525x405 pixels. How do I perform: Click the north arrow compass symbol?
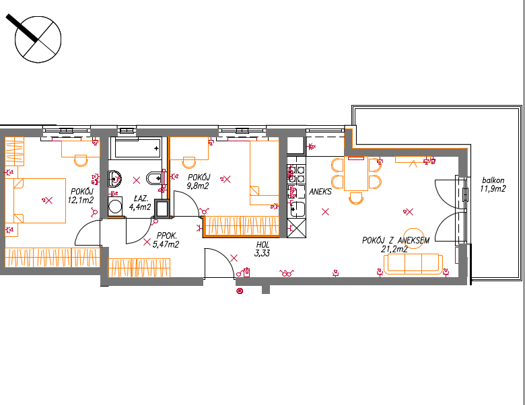(x=38, y=39)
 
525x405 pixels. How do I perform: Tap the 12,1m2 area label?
(x=81, y=200)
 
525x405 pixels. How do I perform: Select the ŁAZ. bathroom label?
(x=141, y=198)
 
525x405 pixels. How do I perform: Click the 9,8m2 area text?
(x=197, y=186)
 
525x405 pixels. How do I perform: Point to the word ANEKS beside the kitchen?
(x=320, y=192)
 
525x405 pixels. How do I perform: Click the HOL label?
(x=262, y=245)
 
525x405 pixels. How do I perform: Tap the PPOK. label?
(x=166, y=236)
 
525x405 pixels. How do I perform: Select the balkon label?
(x=493, y=180)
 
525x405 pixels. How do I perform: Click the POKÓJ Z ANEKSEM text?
(x=395, y=241)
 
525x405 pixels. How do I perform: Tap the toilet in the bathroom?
(x=155, y=178)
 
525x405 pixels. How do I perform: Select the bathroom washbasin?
(x=114, y=179)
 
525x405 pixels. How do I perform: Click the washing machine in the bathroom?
(x=115, y=207)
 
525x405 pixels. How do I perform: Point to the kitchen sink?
(x=297, y=209)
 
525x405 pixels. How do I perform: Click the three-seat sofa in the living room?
(x=413, y=264)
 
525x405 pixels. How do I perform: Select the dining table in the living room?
(x=356, y=174)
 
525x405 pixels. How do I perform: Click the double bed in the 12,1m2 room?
(x=40, y=201)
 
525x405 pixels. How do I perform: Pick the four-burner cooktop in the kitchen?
(x=297, y=174)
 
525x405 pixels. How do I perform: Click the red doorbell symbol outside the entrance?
(x=240, y=291)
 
